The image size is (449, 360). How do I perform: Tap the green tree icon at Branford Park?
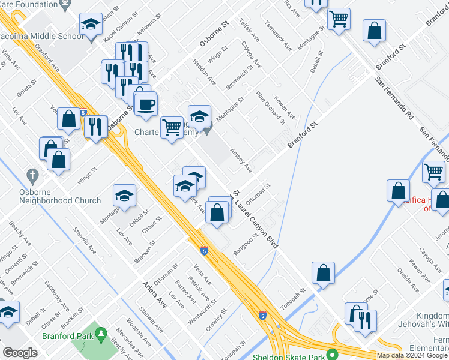click(x=101, y=332)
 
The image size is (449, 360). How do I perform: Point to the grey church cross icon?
click(x=32, y=176)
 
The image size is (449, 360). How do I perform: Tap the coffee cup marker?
click(x=145, y=105)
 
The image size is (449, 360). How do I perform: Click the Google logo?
click(x=20, y=353)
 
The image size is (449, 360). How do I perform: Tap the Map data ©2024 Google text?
click(x=412, y=355)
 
